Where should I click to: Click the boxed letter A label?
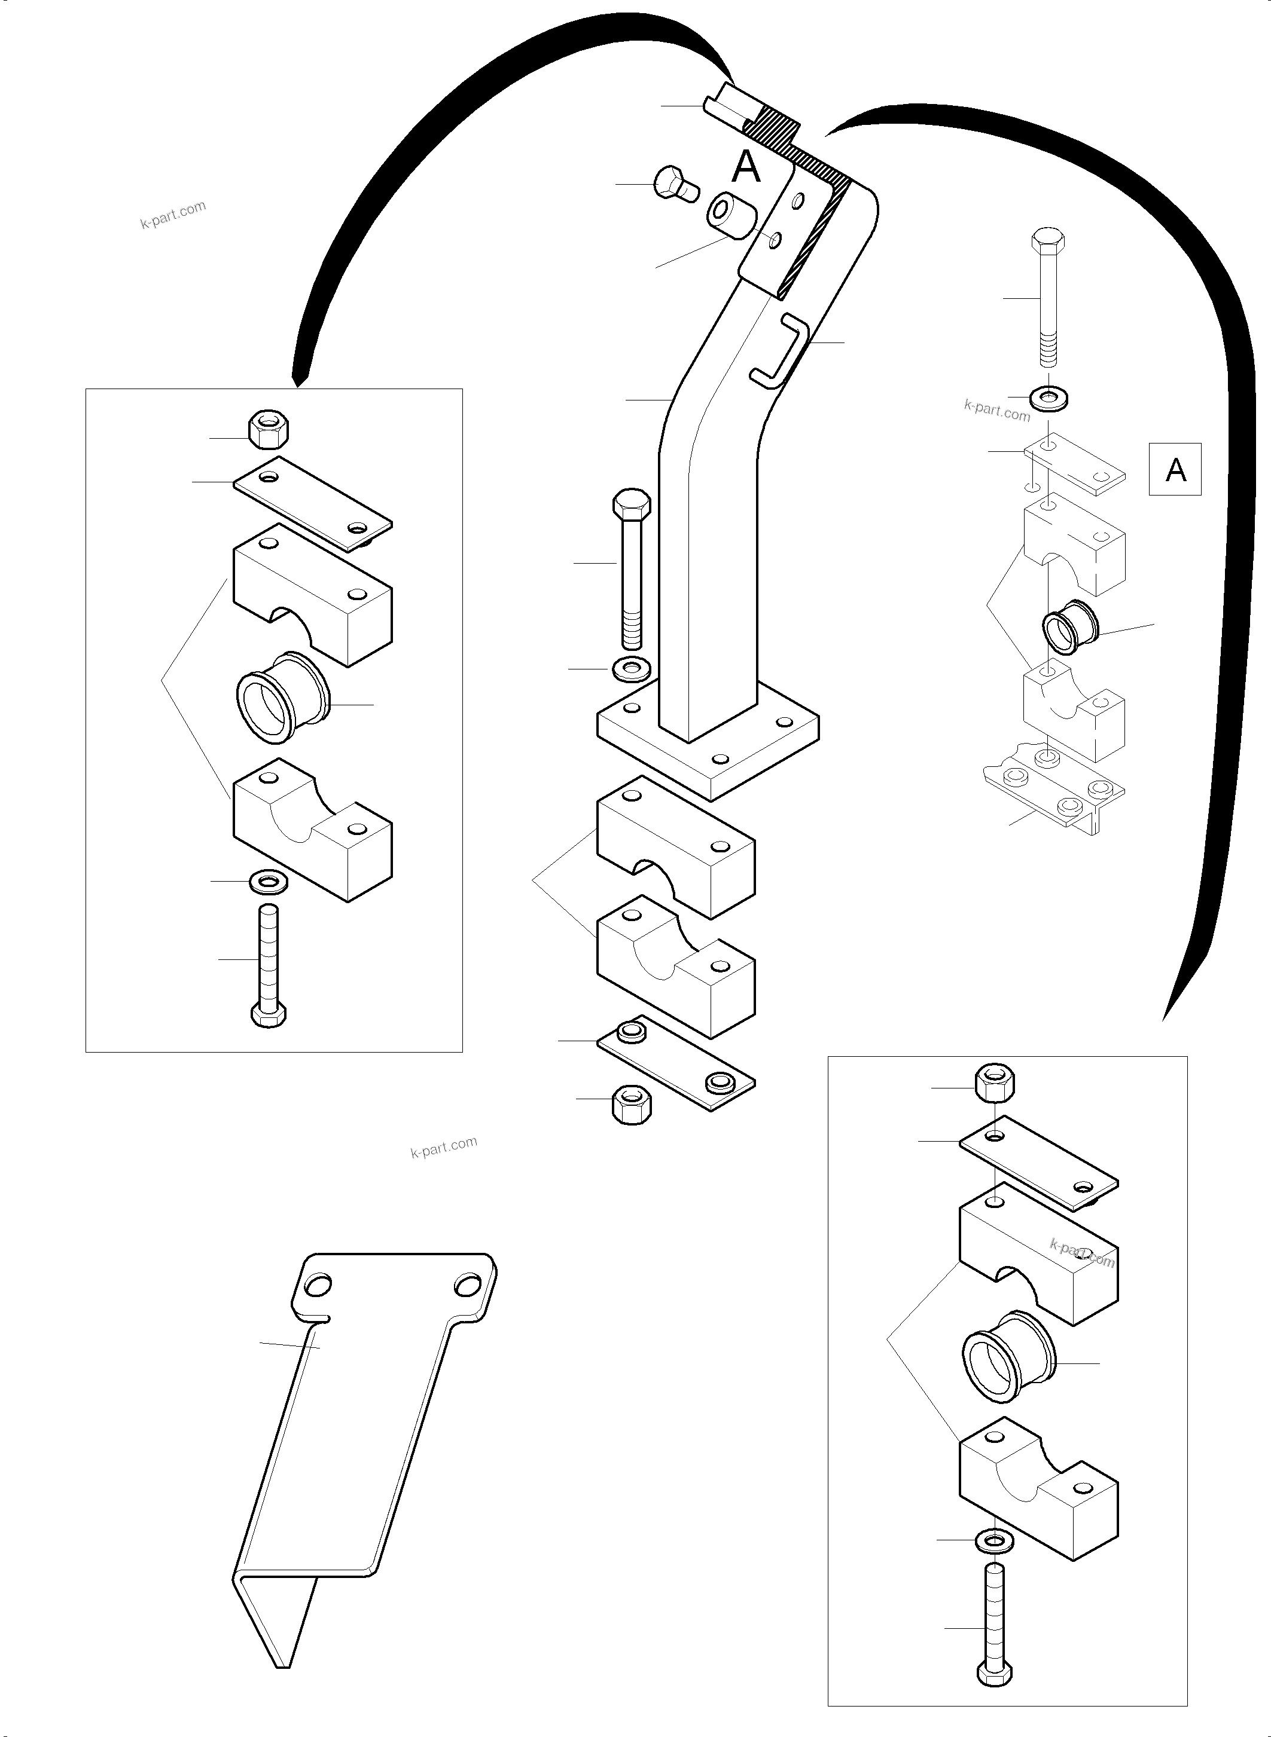[x=1174, y=469]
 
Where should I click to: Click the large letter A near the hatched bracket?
[x=745, y=166]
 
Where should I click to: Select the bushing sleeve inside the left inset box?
[x=282, y=698]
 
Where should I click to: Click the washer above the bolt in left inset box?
[x=269, y=881]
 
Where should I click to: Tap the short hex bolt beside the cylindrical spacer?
[x=675, y=184]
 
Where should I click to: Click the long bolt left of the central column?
[x=631, y=569]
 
